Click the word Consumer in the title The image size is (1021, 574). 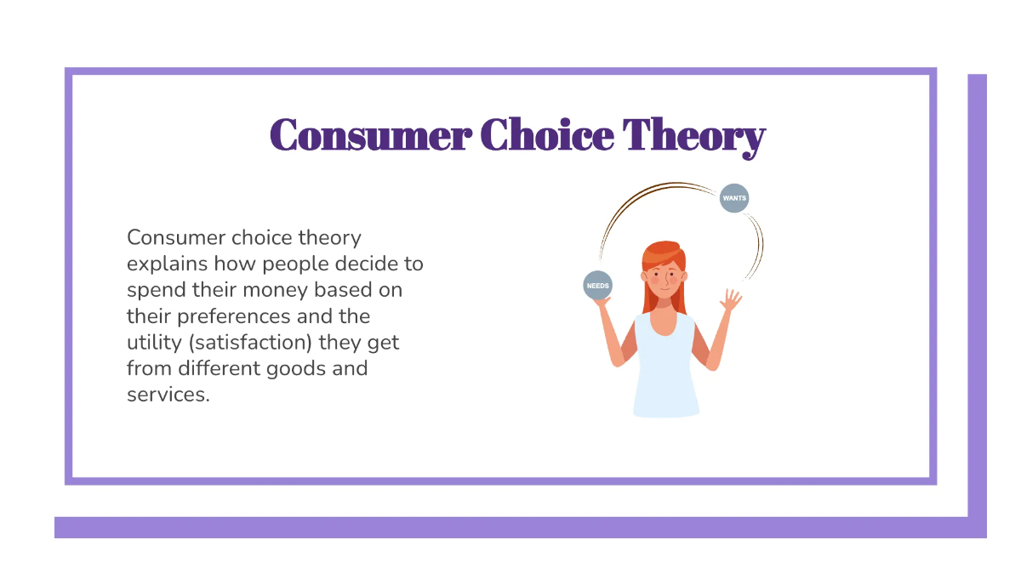(x=369, y=136)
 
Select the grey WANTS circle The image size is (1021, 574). (x=734, y=198)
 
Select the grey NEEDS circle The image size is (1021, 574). (x=597, y=286)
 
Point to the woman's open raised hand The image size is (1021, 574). (x=730, y=299)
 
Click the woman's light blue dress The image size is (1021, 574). (x=665, y=366)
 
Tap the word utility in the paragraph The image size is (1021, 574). (x=153, y=344)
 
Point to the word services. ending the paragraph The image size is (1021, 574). (x=168, y=395)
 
